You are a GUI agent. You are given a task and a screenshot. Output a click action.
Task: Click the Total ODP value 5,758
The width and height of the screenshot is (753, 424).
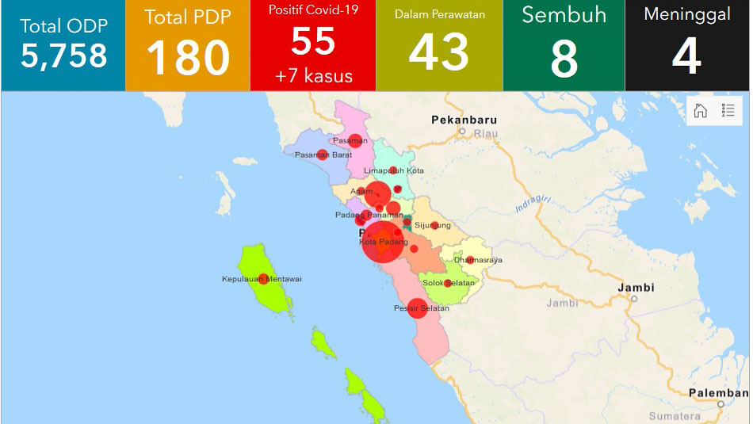[63, 56]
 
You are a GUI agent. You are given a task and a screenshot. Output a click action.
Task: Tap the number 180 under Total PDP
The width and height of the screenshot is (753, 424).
[188, 58]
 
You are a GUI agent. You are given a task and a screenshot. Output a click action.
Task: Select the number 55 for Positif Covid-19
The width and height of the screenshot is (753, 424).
[313, 41]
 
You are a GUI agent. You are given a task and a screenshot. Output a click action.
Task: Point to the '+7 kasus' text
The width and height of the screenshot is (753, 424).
[313, 77]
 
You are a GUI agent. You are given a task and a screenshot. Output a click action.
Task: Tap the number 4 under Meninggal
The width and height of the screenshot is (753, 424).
[686, 57]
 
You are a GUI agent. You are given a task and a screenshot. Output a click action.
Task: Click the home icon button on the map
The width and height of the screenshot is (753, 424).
[701, 111]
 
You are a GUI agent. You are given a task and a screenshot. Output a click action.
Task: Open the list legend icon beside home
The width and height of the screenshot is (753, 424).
[728, 111]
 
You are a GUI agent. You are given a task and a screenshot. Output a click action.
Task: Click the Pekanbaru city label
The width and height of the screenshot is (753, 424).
[464, 120]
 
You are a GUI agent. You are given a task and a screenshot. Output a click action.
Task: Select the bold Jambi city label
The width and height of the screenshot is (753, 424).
[636, 287]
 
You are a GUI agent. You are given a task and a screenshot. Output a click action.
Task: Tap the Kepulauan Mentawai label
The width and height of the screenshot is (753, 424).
[262, 279]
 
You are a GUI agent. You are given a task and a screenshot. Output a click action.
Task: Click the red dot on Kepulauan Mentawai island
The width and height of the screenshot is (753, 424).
[263, 278]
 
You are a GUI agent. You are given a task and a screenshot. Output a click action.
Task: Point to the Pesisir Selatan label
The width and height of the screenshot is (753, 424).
[421, 308]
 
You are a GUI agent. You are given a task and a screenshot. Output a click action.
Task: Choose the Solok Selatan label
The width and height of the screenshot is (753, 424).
[448, 283]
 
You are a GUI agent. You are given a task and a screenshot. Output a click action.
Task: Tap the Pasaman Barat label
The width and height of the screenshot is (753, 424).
[323, 155]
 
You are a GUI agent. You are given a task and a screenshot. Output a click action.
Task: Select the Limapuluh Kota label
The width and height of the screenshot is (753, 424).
[393, 170]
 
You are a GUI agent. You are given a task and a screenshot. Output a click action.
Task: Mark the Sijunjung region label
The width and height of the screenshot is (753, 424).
[433, 225]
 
